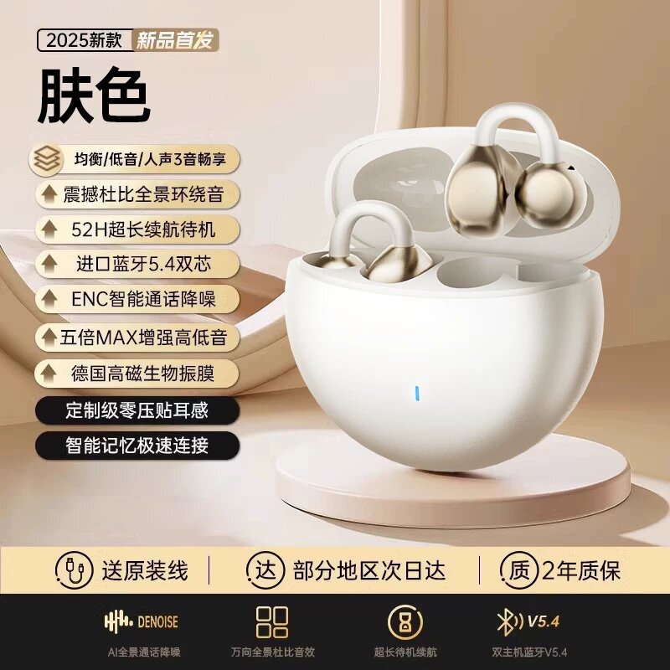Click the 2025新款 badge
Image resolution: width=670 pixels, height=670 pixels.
point(85,40)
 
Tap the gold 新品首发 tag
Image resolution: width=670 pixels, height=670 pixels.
point(175,40)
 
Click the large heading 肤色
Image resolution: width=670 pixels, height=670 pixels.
point(94,95)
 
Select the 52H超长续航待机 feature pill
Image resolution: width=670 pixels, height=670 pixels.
point(137,229)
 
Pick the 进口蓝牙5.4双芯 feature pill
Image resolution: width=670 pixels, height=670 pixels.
point(137,264)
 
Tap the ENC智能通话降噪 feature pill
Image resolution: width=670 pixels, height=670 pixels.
point(137,299)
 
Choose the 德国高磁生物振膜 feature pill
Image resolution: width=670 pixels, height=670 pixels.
point(137,374)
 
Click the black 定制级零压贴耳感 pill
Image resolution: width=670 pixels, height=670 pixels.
point(137,410)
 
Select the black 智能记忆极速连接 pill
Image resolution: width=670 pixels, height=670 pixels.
point(137,446)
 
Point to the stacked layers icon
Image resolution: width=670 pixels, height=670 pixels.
point(47,159)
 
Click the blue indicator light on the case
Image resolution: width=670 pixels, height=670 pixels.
point(417,394)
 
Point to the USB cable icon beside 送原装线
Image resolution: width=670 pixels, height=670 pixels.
point(74,570)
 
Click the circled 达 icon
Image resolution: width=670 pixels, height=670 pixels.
point(265,570)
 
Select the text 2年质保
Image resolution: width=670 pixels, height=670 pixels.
point(581,570)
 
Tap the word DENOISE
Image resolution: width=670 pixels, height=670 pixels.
point(157,621)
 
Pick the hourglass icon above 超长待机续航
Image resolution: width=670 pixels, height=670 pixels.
point(405,621)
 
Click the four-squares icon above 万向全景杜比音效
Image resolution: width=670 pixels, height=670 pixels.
point(272,621)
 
